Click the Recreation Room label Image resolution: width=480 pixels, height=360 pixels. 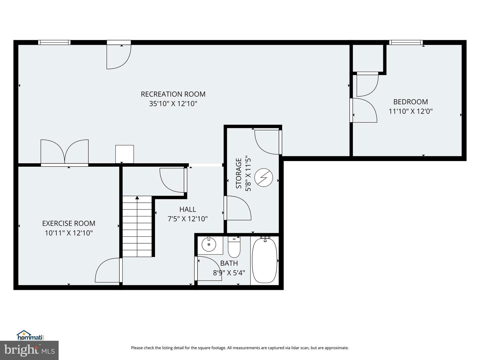coord(173,94)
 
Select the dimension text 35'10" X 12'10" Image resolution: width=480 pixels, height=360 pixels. coord(173,104)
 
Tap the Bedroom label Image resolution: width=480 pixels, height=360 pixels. coord(410,102)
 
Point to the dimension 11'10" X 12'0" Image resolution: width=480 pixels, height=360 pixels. coord(410,111)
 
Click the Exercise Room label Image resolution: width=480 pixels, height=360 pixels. coord(69,223)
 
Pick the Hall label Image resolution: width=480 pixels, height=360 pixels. coord(188,209)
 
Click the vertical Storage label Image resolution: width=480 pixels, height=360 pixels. coord(239,173)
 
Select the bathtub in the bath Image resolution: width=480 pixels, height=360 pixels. coord(264,260)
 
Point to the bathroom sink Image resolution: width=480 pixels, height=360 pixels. coord(209,245)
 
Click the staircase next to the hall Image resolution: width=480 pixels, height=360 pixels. coord(137,227)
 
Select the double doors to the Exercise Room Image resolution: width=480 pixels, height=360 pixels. coord(65,153)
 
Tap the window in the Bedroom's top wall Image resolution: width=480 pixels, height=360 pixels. coord(406,42)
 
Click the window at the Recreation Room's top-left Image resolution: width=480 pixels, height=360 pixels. coord(54,42)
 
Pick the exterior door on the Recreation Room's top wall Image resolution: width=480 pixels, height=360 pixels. coord(119,55)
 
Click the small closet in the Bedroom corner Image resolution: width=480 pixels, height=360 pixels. coord(368,58)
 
